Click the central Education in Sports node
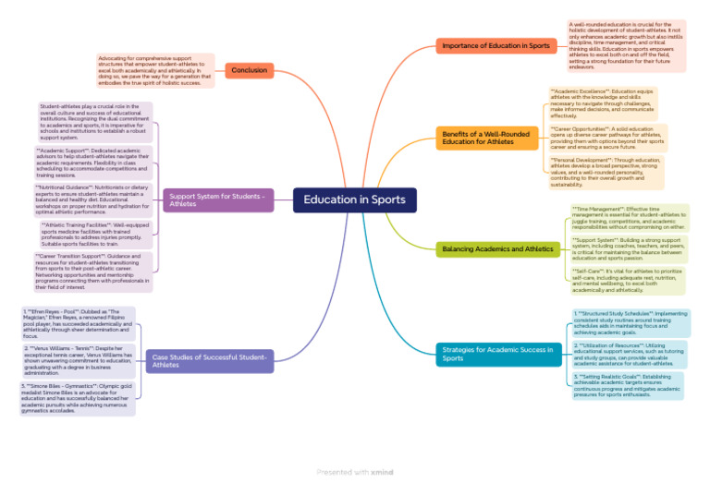pyautogui.click(x=355, y=200)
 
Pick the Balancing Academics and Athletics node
pyautogui.click(x=498, y=249)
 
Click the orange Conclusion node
pyautogui.click(x=249, y=69)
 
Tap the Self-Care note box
pyautogui.click(x=629, y=280)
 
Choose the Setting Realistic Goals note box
pyautogui.click(x=630, y=384)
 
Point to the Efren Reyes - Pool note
pyautogui.click(x=78, y=323)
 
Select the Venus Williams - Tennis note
pyautogui.click(x=78, y=361)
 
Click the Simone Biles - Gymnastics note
pyautogui.click(x=78, y=398)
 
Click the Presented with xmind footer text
pyautogui.click(x=355, y=472)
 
